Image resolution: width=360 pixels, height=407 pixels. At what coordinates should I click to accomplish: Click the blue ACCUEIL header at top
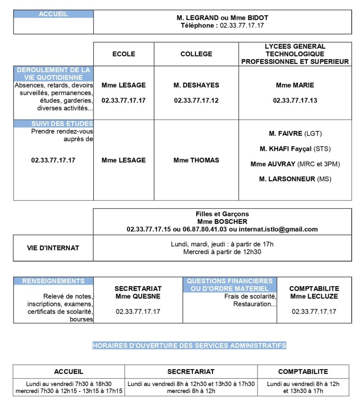tap(53, 14)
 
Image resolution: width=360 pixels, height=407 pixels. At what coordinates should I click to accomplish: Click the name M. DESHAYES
tap(196, 85)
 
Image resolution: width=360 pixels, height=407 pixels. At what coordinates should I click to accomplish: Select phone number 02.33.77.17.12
tap(196, 101)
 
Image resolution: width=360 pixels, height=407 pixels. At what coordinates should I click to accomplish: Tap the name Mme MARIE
tap(295, 85)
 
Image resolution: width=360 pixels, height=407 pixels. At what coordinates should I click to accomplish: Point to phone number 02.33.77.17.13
tap(295, 101)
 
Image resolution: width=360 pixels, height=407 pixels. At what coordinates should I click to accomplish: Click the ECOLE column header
tap(124, 54)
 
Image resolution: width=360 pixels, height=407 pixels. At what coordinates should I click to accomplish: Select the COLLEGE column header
tap(196, 54)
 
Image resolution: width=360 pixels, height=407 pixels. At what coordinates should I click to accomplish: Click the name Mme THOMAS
tap(196, 160)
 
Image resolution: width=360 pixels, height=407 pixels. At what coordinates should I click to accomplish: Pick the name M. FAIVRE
tap(286, 133)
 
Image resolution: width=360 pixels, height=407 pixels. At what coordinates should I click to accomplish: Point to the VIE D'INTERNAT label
tap(53, 248)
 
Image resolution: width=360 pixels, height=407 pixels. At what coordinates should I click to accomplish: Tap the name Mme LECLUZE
tap(314, 296)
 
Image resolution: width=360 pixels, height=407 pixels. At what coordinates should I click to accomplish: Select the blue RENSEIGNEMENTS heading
tap(53, 281)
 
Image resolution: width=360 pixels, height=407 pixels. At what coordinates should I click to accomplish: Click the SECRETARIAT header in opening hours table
tap(191, 372)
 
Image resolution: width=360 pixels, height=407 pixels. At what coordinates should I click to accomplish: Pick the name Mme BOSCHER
tap(222, 221)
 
